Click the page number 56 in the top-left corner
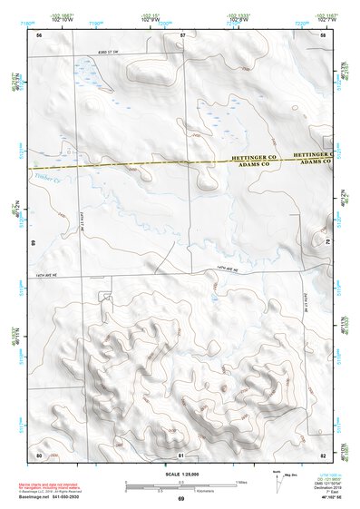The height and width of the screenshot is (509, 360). [x=39, y=34]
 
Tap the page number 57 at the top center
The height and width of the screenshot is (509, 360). [x=182, y=34]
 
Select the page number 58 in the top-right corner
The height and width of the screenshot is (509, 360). [x=323, y=34]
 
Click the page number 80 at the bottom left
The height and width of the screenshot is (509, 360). [x=39, y=454]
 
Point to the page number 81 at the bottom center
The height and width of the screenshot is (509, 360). [x=181, y=454]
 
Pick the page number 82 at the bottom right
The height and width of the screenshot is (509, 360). [x=323, y=454]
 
